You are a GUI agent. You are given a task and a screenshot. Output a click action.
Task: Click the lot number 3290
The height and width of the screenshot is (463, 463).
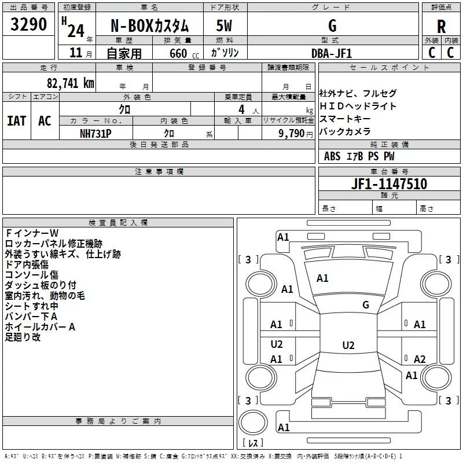29,24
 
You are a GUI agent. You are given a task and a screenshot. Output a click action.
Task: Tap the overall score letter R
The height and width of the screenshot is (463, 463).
441,27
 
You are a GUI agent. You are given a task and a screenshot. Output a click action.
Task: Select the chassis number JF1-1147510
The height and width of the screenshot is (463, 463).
389,184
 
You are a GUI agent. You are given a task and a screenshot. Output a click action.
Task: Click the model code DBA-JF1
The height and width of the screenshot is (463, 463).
331,53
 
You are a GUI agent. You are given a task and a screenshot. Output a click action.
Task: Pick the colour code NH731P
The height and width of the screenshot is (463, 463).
96,133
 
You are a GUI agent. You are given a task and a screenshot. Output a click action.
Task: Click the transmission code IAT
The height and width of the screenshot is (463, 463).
16,120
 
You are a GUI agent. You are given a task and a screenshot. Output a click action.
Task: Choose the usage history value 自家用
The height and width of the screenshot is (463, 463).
124,53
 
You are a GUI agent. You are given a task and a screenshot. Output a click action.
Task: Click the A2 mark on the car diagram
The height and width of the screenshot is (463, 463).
420,359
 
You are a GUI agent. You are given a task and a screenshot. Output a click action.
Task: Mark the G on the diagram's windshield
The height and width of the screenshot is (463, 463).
365,305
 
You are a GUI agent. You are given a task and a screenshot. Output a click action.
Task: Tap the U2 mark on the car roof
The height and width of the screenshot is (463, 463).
348,346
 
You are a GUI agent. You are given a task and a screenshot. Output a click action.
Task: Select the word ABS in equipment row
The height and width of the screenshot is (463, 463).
332,156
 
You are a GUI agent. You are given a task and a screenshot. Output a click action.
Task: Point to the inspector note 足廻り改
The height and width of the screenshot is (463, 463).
23,337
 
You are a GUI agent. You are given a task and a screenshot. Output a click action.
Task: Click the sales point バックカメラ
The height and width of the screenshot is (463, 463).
344,131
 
